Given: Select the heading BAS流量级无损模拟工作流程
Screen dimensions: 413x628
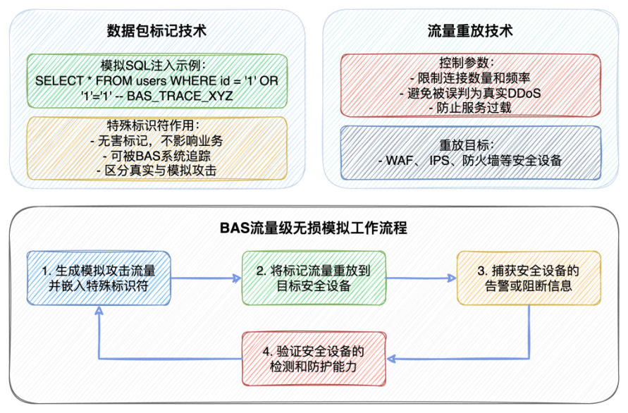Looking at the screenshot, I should tap(314, 228).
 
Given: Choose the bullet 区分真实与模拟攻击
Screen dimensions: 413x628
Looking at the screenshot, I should tap(156, 170).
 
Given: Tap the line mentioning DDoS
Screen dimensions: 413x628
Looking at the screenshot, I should tap(470, 92).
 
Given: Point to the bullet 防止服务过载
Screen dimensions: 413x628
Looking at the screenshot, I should tap(470, 107).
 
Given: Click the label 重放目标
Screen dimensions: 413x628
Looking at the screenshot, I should tap(470, 144).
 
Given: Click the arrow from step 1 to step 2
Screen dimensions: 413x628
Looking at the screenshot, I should tap(206, 278).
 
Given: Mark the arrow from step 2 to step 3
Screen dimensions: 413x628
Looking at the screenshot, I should tap(421, 278).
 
